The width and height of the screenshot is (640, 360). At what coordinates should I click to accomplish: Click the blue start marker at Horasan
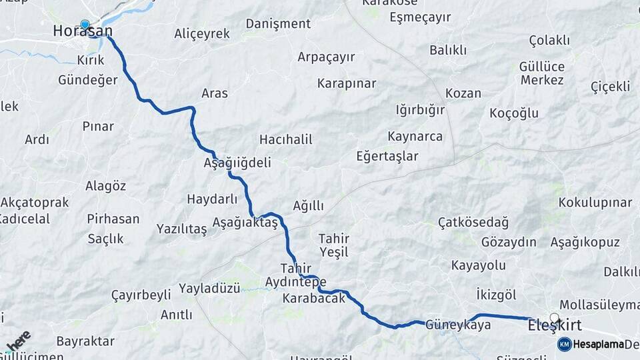click(85, 25)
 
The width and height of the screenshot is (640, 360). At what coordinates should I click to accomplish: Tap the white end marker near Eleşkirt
click(554, 317)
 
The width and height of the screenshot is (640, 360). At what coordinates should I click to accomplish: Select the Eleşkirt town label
click(554, 327)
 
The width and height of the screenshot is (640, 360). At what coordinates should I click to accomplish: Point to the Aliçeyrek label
click(201, 33)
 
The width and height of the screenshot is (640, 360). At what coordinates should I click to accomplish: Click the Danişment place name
click(278, 23)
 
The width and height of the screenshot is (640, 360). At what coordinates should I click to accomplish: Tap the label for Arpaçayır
click(326, 57)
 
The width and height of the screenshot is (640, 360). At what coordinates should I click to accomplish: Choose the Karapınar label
click(347, 83)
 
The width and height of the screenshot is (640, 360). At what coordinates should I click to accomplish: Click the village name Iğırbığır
click(420, 109)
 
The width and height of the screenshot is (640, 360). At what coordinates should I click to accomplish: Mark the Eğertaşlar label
click(387, 156)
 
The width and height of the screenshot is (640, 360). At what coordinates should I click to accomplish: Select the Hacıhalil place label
click(285, 139)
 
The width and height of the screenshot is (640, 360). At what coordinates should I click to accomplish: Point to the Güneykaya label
click(458, 325)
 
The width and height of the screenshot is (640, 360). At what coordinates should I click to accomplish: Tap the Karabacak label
click(314, 298)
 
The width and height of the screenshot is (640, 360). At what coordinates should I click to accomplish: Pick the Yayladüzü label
click(209, 289)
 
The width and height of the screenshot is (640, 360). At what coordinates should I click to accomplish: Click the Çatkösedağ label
click(473, 222)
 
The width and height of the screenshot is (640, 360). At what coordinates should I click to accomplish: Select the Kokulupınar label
click(595, 202)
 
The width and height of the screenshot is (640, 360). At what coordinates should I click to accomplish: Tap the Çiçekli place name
click(610, 87)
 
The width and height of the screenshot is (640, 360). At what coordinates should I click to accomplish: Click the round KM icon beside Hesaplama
click(564, 344)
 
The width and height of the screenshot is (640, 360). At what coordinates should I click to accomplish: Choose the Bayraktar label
click(85, 341)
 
